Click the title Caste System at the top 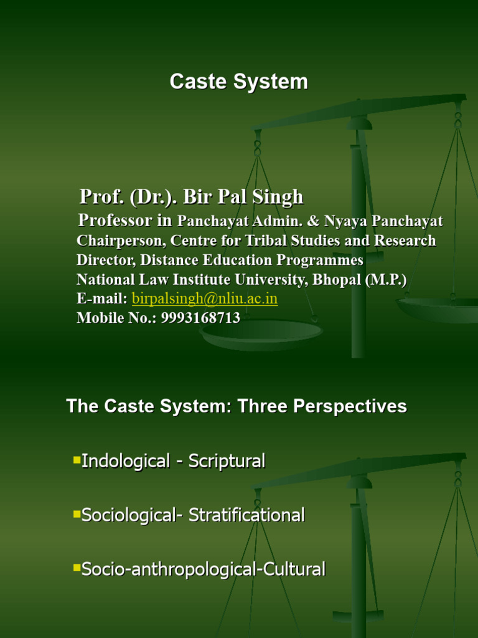(x=239, y=82)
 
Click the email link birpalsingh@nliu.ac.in (x=205, y=298)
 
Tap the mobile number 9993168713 (x=200, y=318)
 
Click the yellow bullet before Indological (x=77, y=460)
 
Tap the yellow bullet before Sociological (x=77, y=515)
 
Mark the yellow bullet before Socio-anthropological (x=77, y=568)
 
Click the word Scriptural (x=227, y=462)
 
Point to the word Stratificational (x=246, y=516)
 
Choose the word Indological (x=126, y=462)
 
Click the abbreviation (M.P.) (x=385, y=279)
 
